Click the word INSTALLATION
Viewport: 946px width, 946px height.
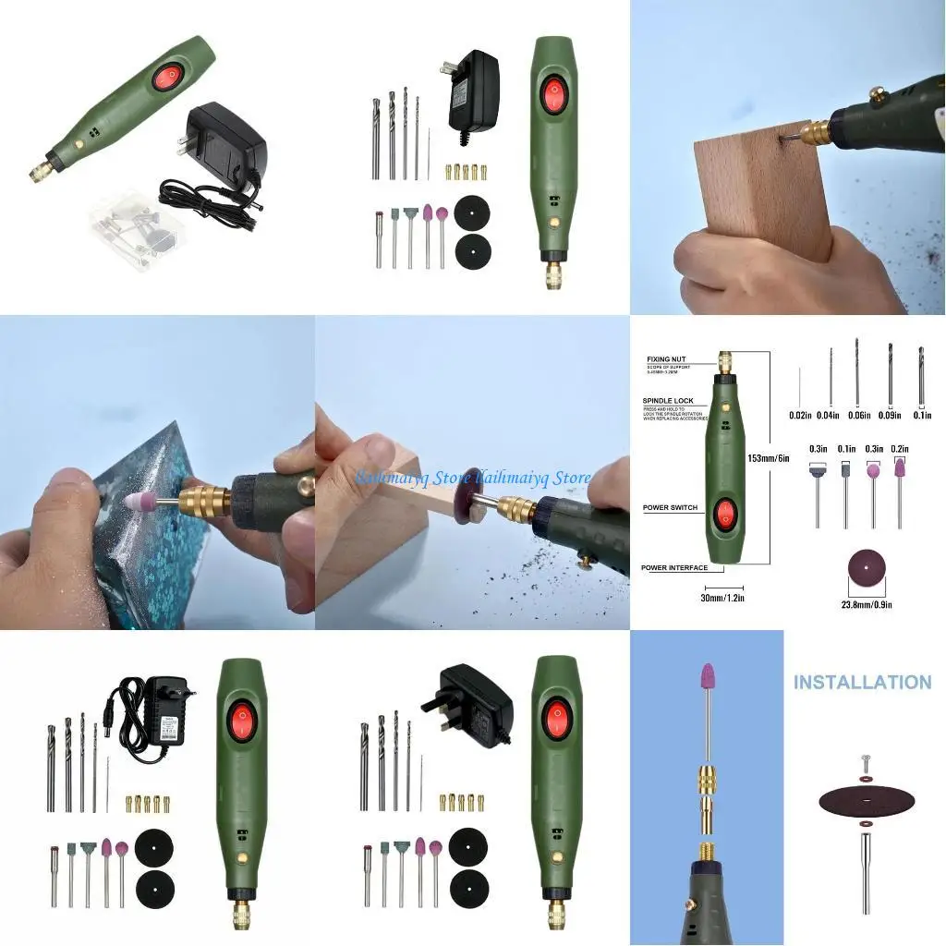862,683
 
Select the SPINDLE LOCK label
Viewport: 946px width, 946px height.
669,401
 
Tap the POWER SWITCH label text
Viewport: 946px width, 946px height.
670,507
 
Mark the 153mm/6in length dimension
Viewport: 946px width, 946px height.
768,458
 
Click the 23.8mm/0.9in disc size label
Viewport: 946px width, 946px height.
866,604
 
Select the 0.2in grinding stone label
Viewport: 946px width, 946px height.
899,449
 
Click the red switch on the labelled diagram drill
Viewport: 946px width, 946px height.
724,514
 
